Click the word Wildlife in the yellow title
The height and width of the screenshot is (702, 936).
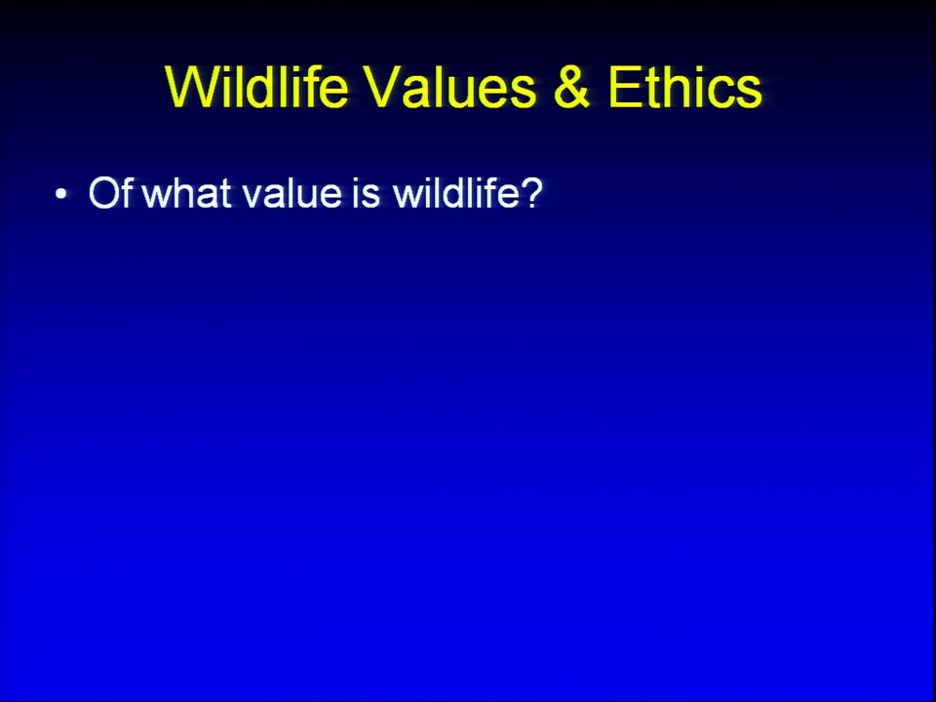click(256, 87)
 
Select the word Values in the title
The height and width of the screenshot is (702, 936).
click(450, 87)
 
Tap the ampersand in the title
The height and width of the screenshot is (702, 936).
click(571, 87)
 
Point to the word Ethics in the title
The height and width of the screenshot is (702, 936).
click(684, 87)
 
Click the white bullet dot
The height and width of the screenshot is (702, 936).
click(60, 194)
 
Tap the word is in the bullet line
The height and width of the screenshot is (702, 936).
click(366, 192)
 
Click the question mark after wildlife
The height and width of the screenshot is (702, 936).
click(532, 192)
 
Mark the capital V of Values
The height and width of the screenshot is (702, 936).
click(384, 87)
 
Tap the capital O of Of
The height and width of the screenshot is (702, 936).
click(104, 192)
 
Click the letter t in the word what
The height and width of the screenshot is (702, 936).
click(225, 193)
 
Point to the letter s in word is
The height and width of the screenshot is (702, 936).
click(371, 196)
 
